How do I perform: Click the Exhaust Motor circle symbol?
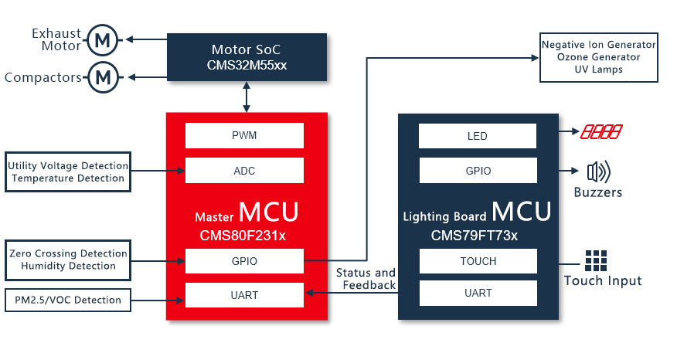pos(103,39)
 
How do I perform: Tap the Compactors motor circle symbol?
pos(103,76)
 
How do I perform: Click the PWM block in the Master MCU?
pos(244,136)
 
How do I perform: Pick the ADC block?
pos(244,171)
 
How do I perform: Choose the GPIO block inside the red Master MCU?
pos(244,261)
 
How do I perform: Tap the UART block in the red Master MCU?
pos(244,295)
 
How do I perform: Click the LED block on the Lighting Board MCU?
pos(478,136)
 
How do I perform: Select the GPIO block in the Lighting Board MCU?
pos(478,171)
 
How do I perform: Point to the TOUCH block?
pos(478,261)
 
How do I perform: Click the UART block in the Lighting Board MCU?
pos(478,293)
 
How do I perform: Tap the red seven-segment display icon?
pos(602,133)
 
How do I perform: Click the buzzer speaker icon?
pos(598,171)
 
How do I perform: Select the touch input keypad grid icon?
pos(595,260)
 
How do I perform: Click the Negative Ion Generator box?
pos(598,57)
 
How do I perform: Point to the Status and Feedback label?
pos(366,279)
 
